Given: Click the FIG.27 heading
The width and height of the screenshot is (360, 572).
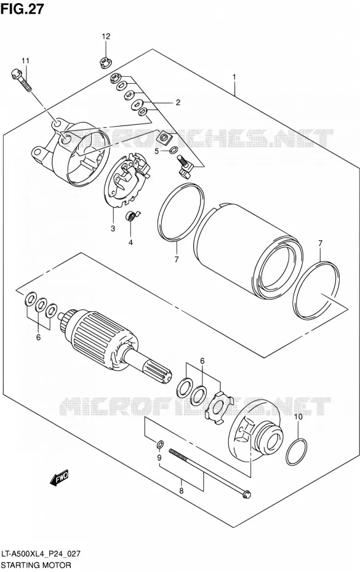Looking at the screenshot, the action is pyautogui.click(x=22, y=9).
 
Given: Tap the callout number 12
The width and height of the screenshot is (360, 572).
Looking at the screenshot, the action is pyautogui.click(x=105, y=36).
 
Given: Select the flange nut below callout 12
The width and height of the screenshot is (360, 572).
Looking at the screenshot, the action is pyautogui.click(x=105, y=62).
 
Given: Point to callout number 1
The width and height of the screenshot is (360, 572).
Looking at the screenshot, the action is pyautogui.click(x=234, y=77).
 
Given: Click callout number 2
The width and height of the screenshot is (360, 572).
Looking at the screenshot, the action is pyautogui.click(x=178, y=103).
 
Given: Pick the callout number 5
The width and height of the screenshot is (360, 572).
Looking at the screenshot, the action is pyautogui.click(x=156, y=151).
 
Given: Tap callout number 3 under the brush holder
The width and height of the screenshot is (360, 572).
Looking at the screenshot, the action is pyautogui.click(x=113, y=229).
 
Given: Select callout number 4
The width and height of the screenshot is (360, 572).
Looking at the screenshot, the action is pyautogui.click(x=130, y=242).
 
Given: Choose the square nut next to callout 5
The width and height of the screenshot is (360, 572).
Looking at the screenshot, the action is pyautogui.click(x=164, y=137).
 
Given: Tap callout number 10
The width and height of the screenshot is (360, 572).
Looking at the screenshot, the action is pyautogui.click(x=298, y=416).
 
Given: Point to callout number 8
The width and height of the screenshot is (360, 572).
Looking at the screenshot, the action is pyautogui.click(x=181, y=491).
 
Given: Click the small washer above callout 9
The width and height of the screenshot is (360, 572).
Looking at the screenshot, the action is pyautogui.click(x=159, y=444).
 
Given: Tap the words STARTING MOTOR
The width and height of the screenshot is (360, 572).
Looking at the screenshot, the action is pyautogui.click(x=36, y=565).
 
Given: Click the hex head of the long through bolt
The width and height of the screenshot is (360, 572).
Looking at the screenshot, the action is pyautogui.click(x=246, y=494).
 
